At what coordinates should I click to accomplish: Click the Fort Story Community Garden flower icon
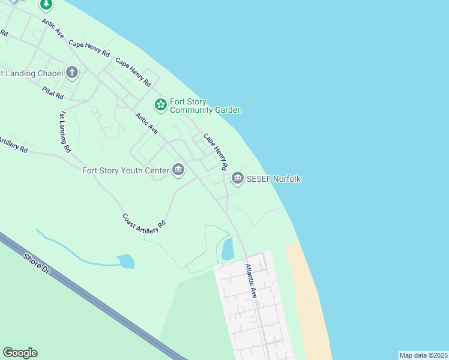click(x=160, y=105)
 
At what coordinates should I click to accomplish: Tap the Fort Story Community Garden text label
click(x=206, y=106)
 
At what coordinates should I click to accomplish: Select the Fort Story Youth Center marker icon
click(x=178, y=170)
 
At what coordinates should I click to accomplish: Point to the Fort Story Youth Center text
click(x=126, y=171)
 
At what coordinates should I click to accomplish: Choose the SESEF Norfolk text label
click(x=274, y=179)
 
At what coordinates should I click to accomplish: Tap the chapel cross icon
click(x=72, y=73)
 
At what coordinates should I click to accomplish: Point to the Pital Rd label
click(x=53, y=92)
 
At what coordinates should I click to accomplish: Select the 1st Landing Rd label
click(x=64, y=131)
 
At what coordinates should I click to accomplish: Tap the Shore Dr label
click(x=37, y=264)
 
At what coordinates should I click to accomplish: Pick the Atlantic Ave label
click(x=251, y=281)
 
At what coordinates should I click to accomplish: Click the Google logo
click(x=20, y=353)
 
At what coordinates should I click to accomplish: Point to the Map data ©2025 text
click(x=423, y=355)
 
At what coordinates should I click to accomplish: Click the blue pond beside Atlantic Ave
click(x=228, y=248)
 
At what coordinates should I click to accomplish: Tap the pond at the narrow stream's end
click(x=126, y=261)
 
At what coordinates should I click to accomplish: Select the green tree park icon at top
click(x=46, y=5)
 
